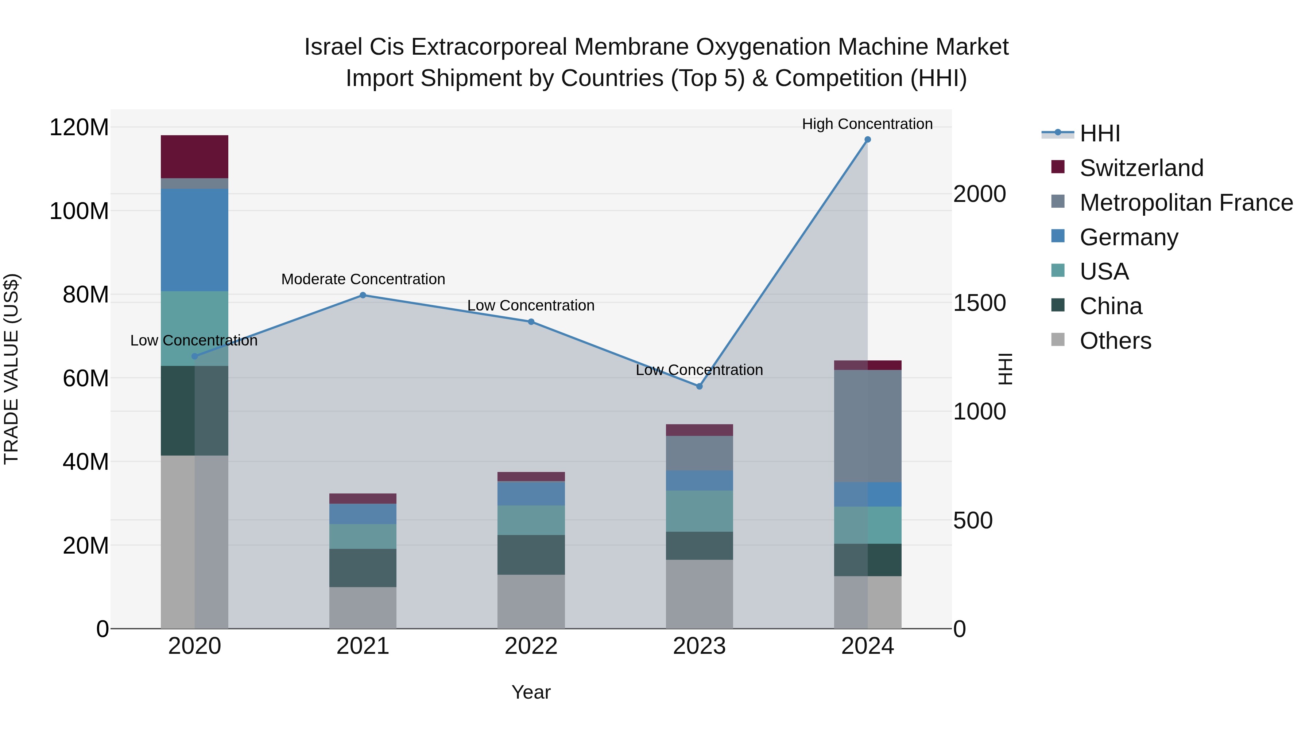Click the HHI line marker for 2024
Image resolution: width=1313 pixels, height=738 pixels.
tap(868, 140)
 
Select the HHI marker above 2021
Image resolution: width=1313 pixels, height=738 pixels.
tap(363, 295)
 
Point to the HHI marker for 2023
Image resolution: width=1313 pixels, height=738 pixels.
tap(699, 387)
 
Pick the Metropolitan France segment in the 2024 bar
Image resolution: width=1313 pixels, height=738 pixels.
tap(868, 426)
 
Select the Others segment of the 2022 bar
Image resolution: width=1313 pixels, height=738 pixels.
tap(531, 601)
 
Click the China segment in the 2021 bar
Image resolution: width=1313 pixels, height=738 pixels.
tap(363, 568)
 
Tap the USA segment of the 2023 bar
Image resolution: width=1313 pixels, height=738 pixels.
tap(699, 511)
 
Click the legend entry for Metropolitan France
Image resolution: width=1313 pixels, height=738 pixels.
tap(1186, 203)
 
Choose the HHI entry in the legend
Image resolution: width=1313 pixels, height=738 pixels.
tap(1099, 133)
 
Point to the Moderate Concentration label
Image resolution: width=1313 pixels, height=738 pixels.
tap(363, 279)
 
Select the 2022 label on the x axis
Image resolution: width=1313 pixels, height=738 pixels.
tap(531, 646)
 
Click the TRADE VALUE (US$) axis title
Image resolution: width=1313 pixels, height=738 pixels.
tap(11, 369)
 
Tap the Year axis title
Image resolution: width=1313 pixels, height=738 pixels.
tap(531, 692)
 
